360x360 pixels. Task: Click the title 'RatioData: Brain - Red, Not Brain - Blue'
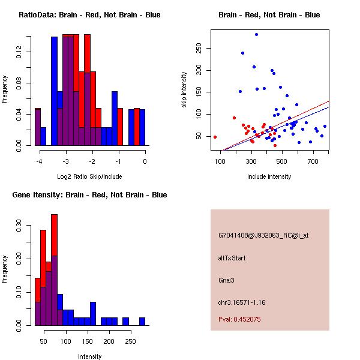(x=89, y=15)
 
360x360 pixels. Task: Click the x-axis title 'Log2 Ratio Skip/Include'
(x=90, y=176)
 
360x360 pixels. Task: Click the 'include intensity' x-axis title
(x=269, y=176)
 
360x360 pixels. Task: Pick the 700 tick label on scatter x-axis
(x=312, y=161)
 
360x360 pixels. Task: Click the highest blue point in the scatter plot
(x=256, y=35)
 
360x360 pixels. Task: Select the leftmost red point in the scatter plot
(x=215, y=137)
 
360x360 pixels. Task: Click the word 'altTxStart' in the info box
(x=232, y=258)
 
